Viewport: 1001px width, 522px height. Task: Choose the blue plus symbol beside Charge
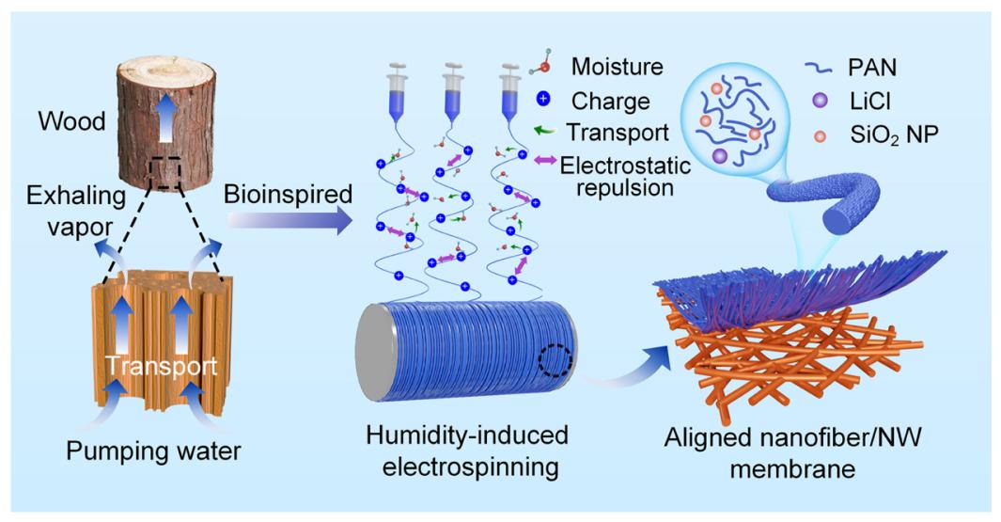tap(542, 100)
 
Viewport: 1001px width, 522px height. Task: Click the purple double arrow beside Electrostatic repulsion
tap(542, 163)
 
